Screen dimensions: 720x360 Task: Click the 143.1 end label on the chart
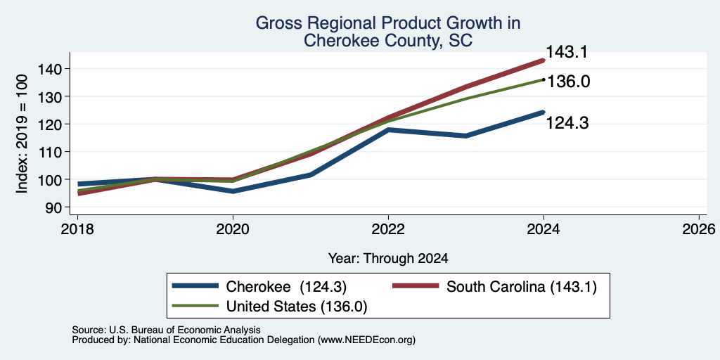coord(567,52)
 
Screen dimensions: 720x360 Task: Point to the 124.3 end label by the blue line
coord(567,122)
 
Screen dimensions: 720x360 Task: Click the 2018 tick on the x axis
coord(77,229)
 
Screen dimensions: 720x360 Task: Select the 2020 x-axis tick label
coord(233,229)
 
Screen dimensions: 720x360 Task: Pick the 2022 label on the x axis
coord(388,229)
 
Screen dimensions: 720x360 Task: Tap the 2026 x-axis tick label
coord(700,229)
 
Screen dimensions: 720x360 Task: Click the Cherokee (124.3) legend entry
coord(259,287)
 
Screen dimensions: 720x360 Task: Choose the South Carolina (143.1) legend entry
coord(494,287)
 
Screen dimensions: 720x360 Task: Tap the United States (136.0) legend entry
coord(270,307)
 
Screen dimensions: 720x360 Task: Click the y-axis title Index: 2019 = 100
coord(22,134)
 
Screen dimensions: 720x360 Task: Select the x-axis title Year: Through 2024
coord(388,259)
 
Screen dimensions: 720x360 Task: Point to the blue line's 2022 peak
coord(388,130)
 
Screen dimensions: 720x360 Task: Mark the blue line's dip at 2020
coord(233,191)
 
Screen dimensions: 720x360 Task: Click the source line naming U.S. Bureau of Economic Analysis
coord(166,330)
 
